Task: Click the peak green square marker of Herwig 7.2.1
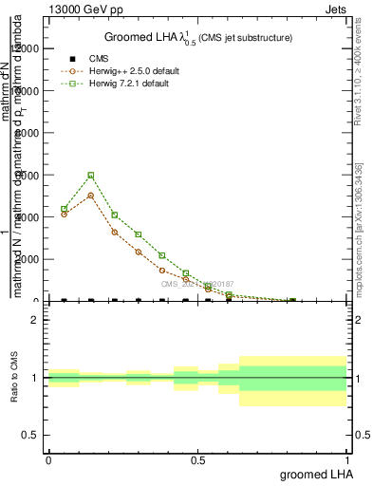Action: [91, 175]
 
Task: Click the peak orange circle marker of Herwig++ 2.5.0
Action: [91, 196]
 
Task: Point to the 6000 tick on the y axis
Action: [29, 175]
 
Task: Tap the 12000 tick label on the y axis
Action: [27, 48]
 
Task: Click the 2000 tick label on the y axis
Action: [29, 259]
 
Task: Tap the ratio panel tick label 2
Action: [37, 320]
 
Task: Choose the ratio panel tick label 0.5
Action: [33, 435]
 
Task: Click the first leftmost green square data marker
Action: [64, 209]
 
